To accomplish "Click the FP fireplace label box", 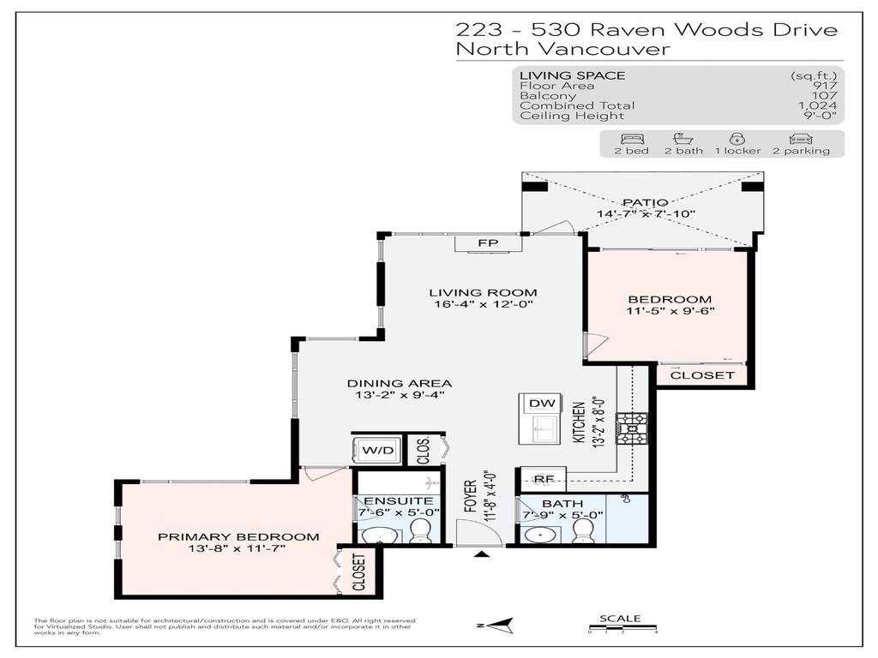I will (488, 244).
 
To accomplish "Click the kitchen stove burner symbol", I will (636, 428).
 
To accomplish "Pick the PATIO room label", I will (645, 202).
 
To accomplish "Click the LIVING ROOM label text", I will (483, 293).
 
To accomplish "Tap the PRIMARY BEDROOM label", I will (238, 537).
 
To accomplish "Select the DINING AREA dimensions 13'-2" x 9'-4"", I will (399, 396).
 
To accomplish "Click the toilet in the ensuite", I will (420, 535).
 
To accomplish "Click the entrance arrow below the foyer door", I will (482, 555).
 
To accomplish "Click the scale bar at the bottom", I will (622, 630).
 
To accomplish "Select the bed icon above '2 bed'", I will (630, 138).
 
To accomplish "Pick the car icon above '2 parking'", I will (799, 138).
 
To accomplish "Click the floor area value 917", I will (825, 86).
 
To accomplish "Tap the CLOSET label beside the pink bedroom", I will (701, 375).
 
